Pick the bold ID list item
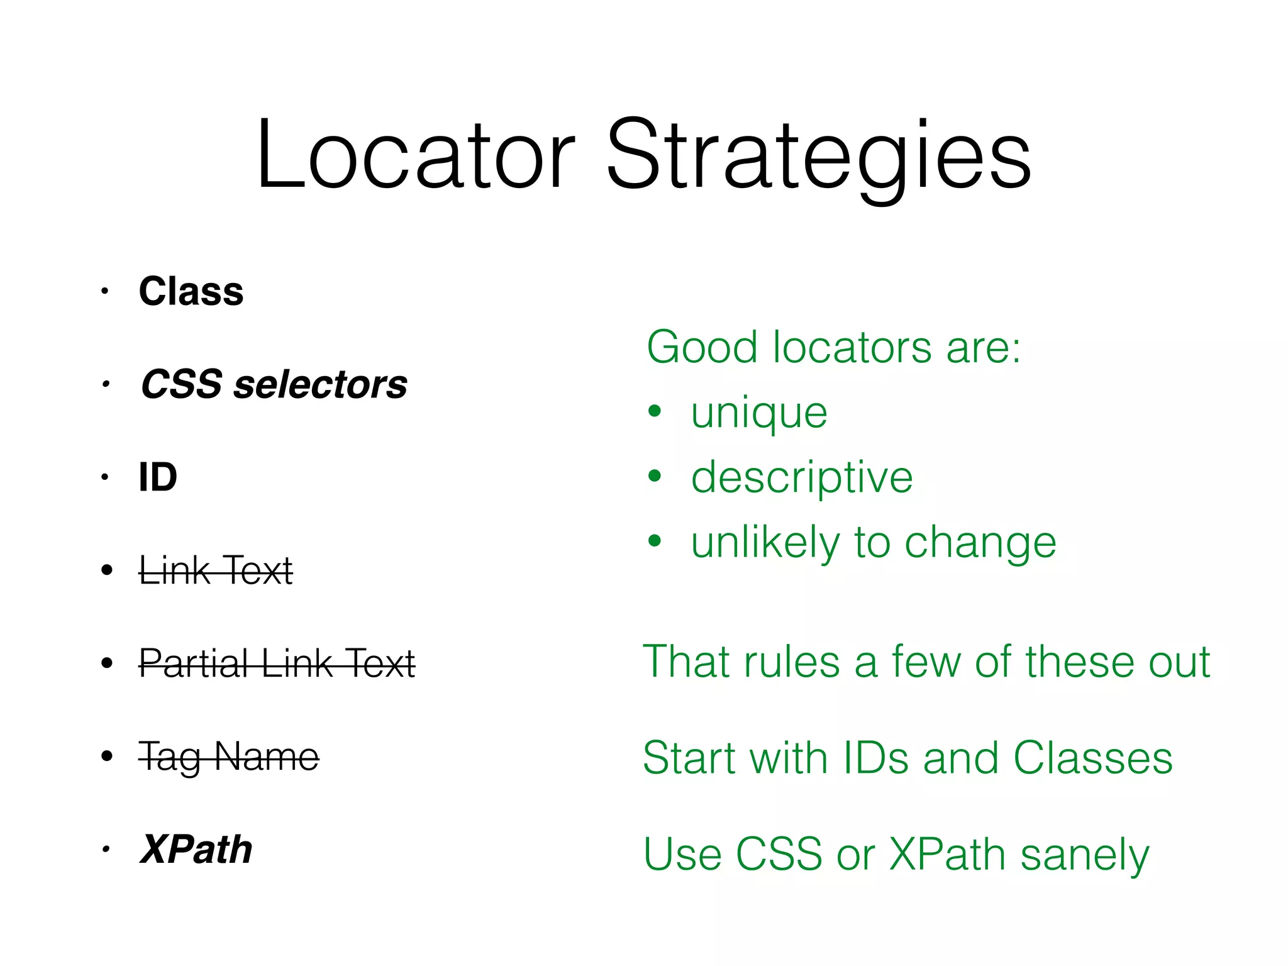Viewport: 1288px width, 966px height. click(x=158, y=477)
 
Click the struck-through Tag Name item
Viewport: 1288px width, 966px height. click(x=229, y=756)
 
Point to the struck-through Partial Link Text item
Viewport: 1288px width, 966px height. click(x=277, y=663)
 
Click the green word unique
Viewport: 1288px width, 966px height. click(x=758, y=414)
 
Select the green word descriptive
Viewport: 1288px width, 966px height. click(x=801, y=478)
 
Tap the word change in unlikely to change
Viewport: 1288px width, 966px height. click(x=980, y=543)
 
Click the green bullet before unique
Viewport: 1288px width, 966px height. click(x=655, y=411)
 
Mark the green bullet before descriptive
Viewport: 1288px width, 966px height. click(x=655, y=476)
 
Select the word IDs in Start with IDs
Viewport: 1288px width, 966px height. click(x=875, y=758)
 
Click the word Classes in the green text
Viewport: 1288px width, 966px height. click(x=1092, y=758)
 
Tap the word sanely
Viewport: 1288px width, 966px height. click(x=1084, y=855)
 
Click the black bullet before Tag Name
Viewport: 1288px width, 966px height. click(x=107, y=755)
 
